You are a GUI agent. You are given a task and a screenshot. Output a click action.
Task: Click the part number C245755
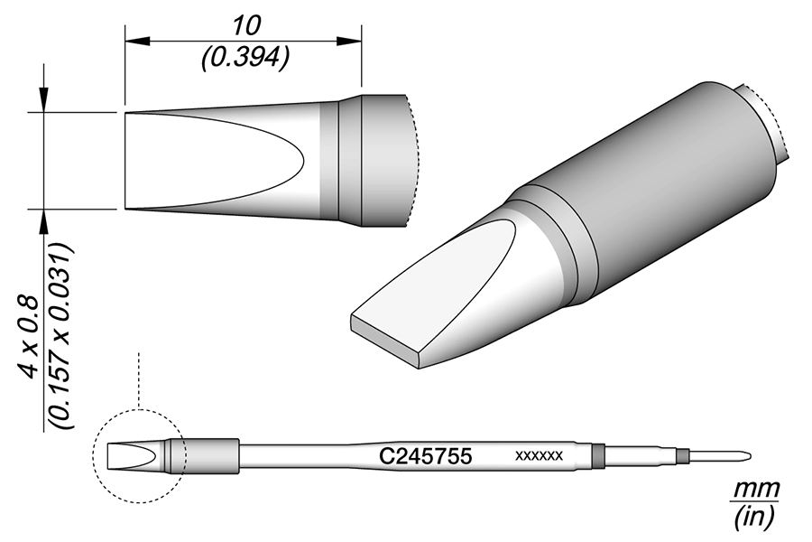click(424, 456)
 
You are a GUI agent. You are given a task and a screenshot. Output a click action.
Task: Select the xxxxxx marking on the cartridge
click(539, 456)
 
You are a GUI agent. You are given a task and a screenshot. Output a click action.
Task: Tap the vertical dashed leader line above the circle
click(138, 379)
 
